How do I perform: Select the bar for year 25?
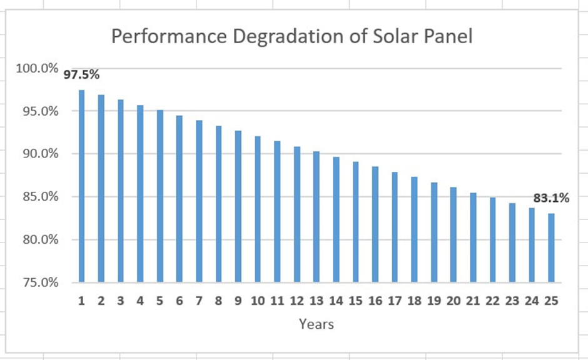coord(551,247)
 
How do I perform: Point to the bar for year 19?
coord(433,232)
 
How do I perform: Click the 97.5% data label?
coord(81,74)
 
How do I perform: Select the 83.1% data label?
coord(551,199)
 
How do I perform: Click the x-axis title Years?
coord(316,324)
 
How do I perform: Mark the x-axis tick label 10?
coord(257,301)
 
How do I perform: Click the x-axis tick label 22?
coord(492,301)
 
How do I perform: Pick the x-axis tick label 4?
coord(140,301)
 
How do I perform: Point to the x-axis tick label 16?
coord(375,301)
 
